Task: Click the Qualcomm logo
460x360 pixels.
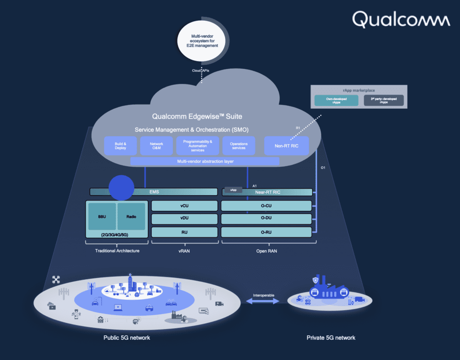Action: pyautogui.click(x=401, y=20)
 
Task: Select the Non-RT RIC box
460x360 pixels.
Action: pyautogui.click(x=286, y=146)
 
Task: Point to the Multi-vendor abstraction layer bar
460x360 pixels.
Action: pyautogui.click(x=204, y=161)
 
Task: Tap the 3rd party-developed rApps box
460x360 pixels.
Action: pyautogui.click(x=383, y=100)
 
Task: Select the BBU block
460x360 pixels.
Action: pyautogui.click(x=102, y=216)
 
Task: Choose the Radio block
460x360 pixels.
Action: pyautogui.click(x=131, y=216)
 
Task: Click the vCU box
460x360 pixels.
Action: pyautogui.click(x=184, y=206)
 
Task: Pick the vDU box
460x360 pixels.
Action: pyautogui.click(x=184, y=219)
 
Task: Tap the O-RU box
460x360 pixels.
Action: pyautogui.click(x=266, y=232)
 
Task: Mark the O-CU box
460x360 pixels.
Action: pyautogui.click(x=266, y=206)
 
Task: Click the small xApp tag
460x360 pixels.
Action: pyautogui.click(x=233, y=190)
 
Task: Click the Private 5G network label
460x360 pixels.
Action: pyautogui.click(x=331, y=338)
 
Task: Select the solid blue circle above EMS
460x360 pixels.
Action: pyautogui.click(x=122, y=187)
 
